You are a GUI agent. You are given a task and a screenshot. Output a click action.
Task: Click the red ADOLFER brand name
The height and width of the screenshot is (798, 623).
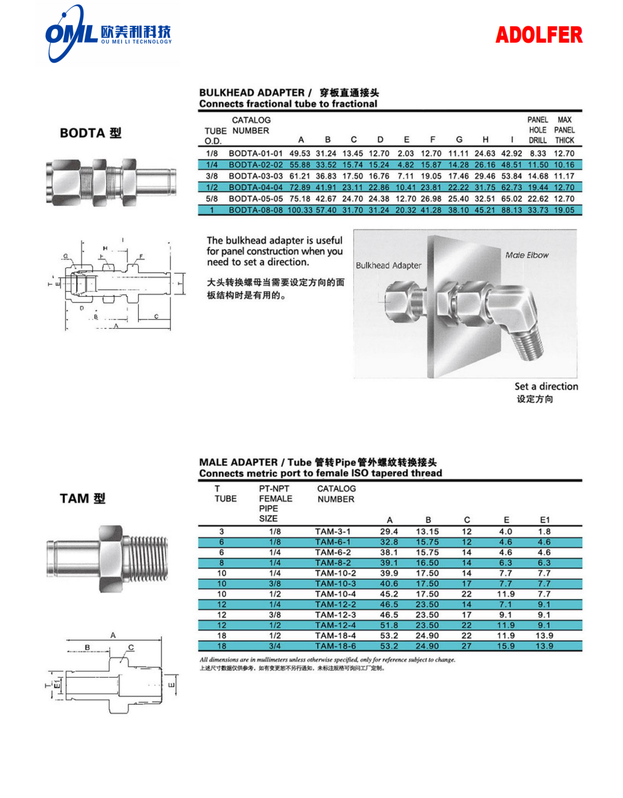(538, 35)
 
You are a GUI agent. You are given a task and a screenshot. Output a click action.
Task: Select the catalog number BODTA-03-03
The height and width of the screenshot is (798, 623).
(255, 176)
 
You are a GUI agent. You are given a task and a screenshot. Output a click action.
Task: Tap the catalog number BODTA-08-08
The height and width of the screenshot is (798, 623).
(255, 210)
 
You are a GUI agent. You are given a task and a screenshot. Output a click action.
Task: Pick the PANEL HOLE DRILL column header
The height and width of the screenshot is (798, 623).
(538, 130)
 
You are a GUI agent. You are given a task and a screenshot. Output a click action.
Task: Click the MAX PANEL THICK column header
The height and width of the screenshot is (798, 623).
(564, 130)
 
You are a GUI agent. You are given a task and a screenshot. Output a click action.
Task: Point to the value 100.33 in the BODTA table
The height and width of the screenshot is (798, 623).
(299, 210)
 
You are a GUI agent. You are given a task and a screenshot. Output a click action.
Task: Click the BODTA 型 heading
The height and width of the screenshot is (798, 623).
(90, 133)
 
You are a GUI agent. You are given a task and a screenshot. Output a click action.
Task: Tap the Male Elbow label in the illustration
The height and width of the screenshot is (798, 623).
(526, 255)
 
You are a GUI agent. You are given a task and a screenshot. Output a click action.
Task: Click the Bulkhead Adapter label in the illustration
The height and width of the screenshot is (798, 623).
(388, 265)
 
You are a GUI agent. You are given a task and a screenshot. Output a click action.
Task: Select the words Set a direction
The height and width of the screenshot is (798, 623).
(546, 386)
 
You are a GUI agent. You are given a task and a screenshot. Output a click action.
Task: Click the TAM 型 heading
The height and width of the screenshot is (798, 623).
(82, 499)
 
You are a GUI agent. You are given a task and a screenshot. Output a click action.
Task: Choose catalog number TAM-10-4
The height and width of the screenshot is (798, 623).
(335, 594)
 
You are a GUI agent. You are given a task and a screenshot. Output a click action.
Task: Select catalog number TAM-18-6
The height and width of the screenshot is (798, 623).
(335, 646)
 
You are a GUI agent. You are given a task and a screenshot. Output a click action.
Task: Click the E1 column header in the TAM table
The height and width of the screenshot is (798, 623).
(545, 519)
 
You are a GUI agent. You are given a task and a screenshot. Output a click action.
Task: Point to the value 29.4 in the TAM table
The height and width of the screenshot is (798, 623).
(389, 531)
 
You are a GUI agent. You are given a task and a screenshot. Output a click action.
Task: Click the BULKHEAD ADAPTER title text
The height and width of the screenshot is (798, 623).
(252, 93)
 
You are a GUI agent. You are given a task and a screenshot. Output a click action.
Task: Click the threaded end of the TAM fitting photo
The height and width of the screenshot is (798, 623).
(151, 557)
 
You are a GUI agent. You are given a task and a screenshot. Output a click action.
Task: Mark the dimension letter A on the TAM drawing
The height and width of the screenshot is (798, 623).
(113, 635)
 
